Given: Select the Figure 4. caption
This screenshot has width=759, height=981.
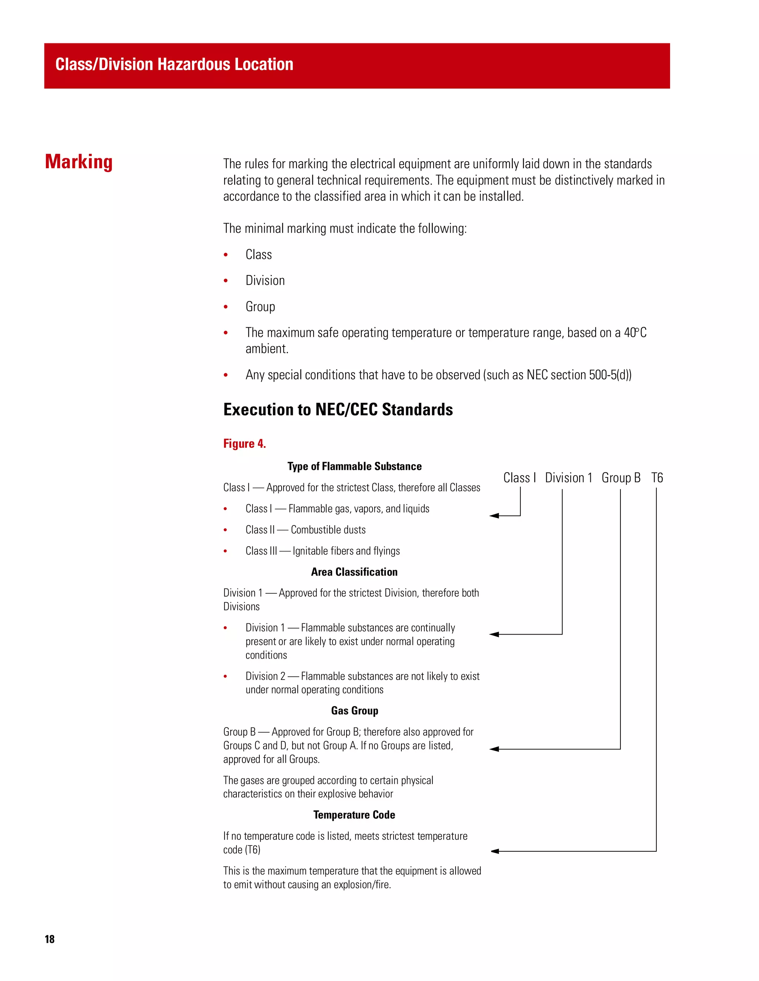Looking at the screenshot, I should point(244,444).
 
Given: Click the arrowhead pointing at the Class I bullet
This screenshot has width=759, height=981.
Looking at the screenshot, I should point(494,516).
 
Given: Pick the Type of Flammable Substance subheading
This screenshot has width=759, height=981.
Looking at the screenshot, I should point(354,466).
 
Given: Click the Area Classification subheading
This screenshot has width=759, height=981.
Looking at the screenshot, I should point(354,572).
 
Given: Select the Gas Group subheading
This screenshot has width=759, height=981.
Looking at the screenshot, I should point(354,710).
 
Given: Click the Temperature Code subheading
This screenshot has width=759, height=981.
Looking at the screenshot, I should point(354,815).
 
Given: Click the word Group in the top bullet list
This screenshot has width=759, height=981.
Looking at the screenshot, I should point(260,307).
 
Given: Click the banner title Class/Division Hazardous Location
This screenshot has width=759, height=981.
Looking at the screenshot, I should point(174,64).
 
